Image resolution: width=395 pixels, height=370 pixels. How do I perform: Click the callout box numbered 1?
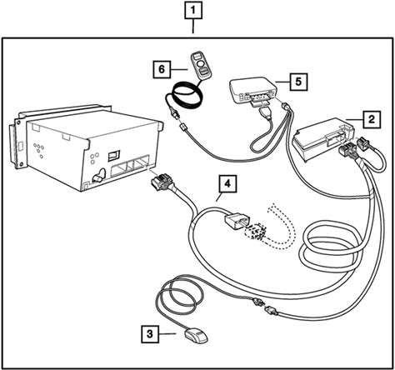tap(193, 12)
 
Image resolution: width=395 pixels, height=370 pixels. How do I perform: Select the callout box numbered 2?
tap(372, 119)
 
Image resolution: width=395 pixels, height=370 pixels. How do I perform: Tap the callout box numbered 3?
tap(150, 333)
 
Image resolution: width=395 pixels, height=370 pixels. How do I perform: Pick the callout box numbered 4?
tap(227, 183)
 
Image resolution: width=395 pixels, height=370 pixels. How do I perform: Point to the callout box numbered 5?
tap(298, 82)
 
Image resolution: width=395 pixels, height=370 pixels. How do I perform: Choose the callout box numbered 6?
tap(162, 69)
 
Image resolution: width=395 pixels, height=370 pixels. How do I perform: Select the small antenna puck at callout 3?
tap(195, 336)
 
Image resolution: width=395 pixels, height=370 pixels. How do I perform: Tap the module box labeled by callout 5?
tap(252, 91)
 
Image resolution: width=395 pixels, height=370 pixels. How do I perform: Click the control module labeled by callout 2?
tap(323, 139)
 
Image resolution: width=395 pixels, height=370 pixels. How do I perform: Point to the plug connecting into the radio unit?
tap(161, 181)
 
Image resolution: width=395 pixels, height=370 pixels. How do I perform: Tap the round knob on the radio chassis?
tap(99, 176)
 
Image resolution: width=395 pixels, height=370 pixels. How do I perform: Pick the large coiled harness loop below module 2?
tap(331, 248)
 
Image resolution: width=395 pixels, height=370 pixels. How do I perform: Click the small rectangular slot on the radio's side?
tap(114, 156)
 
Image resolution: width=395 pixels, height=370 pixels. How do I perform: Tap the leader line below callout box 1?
tap(193, 27)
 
